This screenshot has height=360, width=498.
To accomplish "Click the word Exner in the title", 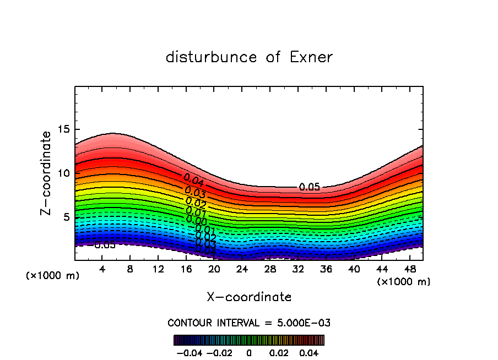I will pyautogui.click(x=311, y=57).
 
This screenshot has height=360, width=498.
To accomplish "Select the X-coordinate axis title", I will pyautogui.click(x=249, y=297).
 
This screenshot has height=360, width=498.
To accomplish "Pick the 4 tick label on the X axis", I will pyautogui.click(x=102, y=269).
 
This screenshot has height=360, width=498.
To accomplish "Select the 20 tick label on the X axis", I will pyautogui.click(x=214, y=269).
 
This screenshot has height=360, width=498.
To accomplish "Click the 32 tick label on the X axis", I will pyautogui.click(x=298, y=269).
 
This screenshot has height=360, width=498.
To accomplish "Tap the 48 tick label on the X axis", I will pyautogui.click(x=410, y=269).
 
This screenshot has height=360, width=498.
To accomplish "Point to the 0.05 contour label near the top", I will pyautogui.click(x=310, y=187).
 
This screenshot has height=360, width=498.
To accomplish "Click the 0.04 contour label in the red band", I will pyautogui.click(x=194, y=180).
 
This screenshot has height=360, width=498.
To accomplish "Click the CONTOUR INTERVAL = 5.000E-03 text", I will pyautogui.click(x=249, y=323).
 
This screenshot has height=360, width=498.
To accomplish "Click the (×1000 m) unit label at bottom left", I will pyautogui.click(x=52, y=276).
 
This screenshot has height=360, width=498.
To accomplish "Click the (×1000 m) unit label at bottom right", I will pyautogui.click(x=403, y=282).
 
